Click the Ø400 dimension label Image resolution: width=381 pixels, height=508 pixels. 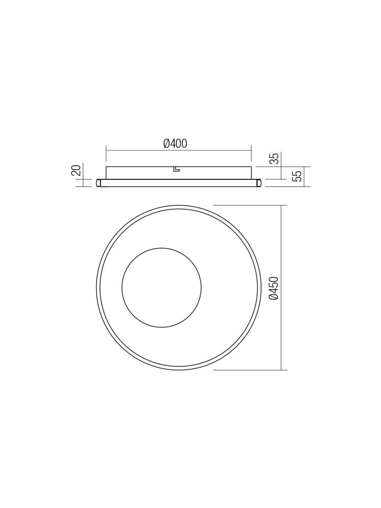tap(175, 143)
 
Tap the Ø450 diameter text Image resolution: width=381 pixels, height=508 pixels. tap(274, 288)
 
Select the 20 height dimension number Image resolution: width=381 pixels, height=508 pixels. tap(76, 170)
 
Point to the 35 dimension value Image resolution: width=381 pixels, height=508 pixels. tap(274, 158)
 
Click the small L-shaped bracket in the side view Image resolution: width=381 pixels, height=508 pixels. tap(176, 169)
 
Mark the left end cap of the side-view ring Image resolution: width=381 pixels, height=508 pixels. tap(99, 183)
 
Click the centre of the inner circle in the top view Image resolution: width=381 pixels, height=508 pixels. tap(162, 288)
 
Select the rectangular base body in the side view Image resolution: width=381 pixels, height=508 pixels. tap(178, 172)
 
